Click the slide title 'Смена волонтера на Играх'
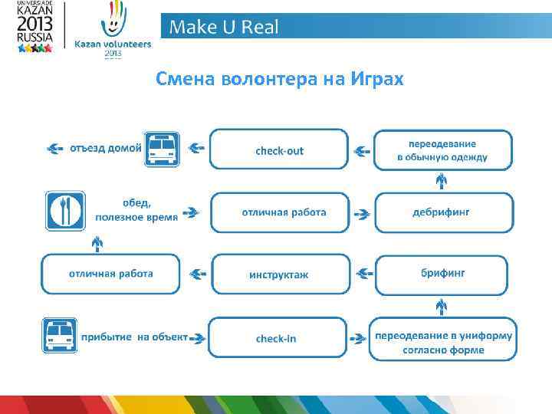(279, 79)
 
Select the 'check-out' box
(279, 149)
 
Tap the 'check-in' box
(276, 338)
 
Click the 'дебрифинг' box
(441, 212)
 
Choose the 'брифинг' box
(442, 273)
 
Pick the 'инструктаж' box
(278, 274)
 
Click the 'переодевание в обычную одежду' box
(442, 149)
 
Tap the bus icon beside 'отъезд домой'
(161, 148)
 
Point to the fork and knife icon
(64, 211)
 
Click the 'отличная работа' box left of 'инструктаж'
(110, 274)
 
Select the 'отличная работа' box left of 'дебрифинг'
(279, 212)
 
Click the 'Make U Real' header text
(224, 28)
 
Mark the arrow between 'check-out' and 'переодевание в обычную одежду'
(360, 150)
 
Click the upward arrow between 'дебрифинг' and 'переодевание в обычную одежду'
(442, 181)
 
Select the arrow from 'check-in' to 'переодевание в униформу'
(357, 338)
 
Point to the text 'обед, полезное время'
(136, 209)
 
